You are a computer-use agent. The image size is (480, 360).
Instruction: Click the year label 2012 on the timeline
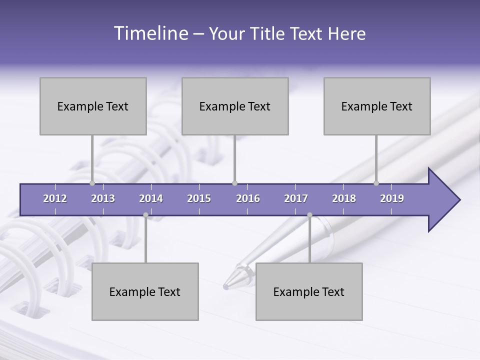point(55,198)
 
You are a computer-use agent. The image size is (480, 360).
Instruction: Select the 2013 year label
point(103,198)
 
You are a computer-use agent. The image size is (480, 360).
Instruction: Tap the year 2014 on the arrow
point(151,198)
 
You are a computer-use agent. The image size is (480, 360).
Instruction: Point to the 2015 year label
point(199,198)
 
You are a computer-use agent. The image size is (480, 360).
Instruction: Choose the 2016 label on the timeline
point(248,198)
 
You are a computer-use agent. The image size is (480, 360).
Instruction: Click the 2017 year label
point(296,198)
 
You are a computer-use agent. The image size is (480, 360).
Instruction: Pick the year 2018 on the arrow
point(344,198)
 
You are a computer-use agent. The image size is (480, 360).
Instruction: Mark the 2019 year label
point(392,198)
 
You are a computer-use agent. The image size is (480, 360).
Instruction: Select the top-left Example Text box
point(93,106)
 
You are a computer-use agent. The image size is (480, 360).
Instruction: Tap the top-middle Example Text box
point(235,106)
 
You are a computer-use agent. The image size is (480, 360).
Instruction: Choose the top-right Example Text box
point(377,106)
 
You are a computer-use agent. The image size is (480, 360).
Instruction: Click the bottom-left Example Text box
point(145,291)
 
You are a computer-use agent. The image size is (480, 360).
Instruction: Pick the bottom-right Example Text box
point(309,291)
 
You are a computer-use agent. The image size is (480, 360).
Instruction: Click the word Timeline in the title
point(150,33)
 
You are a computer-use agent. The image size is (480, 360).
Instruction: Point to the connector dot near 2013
point(92,183)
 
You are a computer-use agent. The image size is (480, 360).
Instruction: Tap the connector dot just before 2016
point(234,183)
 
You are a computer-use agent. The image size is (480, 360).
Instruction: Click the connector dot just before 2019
point(376,183)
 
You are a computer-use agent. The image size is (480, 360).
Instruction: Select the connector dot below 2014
point(145,215)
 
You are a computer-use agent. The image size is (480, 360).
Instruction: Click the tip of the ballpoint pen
point(226,287)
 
